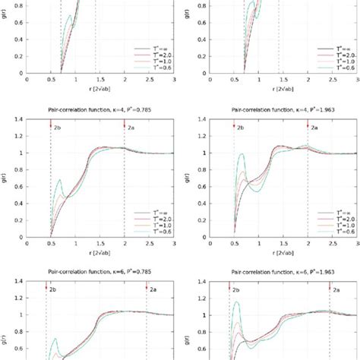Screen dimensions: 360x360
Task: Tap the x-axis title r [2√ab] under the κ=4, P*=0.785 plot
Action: click(100, 250)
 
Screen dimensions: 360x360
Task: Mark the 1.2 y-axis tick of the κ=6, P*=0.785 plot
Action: click(20, 298)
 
